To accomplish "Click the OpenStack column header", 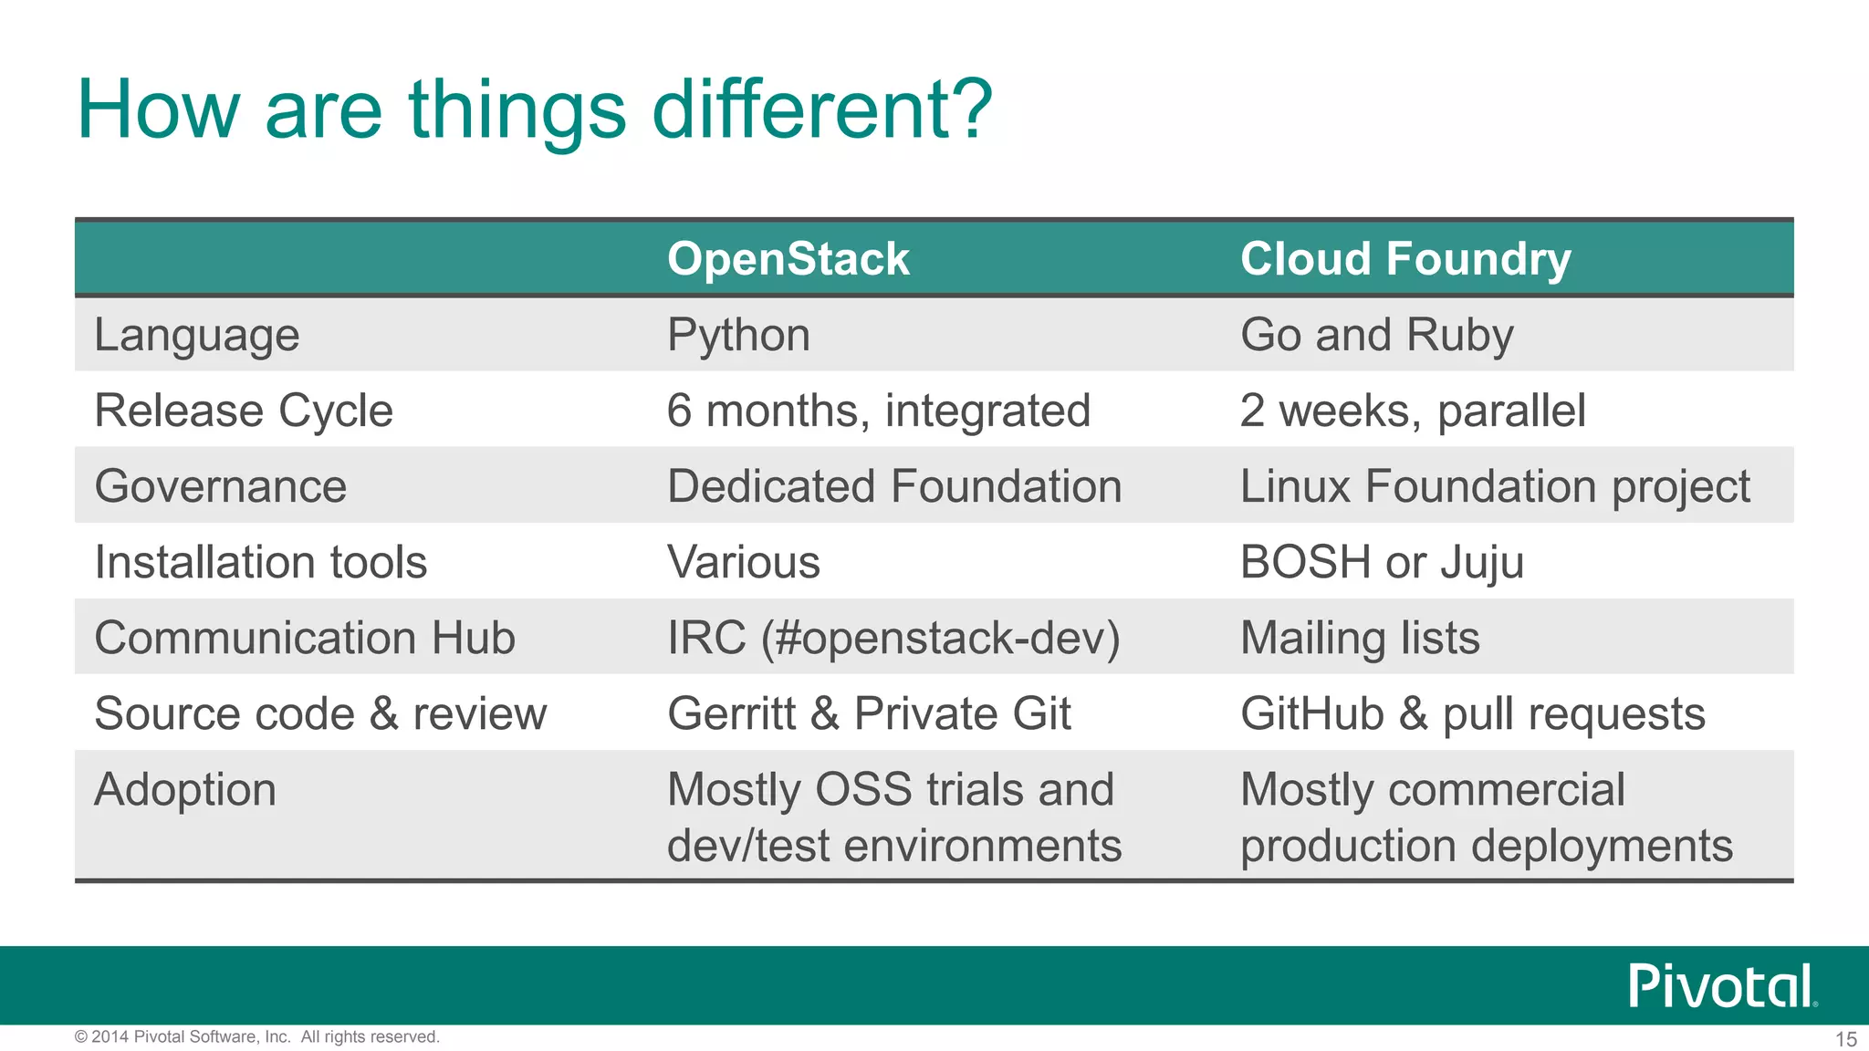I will (x=788, y=259).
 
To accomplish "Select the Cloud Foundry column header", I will (x=1404, y=259).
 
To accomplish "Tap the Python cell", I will (x=738, y=335).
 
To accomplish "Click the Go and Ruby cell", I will (x=1376, y=335).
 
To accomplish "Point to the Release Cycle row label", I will (x=244, y=411).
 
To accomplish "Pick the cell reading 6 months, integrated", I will (x=878, y=411).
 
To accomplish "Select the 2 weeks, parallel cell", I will (x=1412, y=411).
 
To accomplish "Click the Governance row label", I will (x=220, y=486).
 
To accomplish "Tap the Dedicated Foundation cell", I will (x=893, y=486).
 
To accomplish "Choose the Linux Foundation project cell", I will (x=1494, y=486).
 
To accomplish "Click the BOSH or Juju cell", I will (x=1382, y=562).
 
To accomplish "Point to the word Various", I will (x=743, y=562).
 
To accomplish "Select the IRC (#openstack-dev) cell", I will (x=893, y=638).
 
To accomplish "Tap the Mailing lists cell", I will (x=1359, y=638).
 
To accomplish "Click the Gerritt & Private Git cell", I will (x=868, y=713).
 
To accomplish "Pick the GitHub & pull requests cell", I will (x=1472, y=713).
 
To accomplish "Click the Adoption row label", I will (x=185, y=789).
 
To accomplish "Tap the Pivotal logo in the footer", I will (x=1721, y=985).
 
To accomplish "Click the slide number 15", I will (x=1845, y=1039).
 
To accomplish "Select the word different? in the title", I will (x=821, y=109).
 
